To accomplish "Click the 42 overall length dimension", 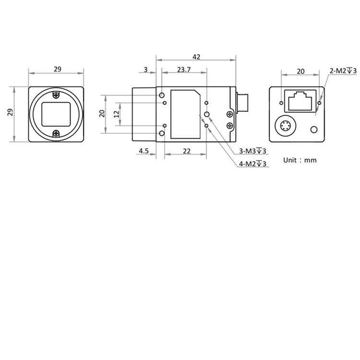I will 196,57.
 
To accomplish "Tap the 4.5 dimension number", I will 144,151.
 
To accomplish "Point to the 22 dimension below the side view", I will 187,151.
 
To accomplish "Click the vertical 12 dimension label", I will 116,114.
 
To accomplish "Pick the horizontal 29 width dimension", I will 57,70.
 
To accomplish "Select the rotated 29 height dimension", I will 10,113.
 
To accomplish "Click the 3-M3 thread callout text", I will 252,151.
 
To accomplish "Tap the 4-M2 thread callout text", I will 252,164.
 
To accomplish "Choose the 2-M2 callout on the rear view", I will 343,71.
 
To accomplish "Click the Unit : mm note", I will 300,160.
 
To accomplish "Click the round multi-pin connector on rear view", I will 284,127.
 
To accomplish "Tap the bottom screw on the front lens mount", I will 57,133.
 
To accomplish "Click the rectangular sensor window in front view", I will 57,114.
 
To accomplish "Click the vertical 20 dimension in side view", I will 101,114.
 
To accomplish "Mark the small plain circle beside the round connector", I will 314,130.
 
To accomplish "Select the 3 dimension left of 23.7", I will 146,70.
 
